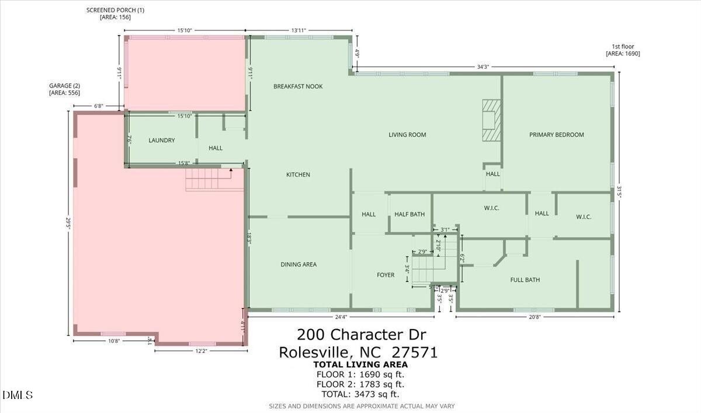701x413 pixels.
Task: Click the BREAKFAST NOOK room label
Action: (x=298, y=86)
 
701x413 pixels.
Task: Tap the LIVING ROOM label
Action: (x=407, y=135)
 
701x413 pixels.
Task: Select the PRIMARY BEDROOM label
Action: (x=556, y=135)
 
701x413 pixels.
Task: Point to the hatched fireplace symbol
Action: (x=491, y=120)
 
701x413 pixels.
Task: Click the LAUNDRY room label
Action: (x=162, y=141)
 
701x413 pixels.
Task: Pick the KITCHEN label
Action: (x=298, y=175)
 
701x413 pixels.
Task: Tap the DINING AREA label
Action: (x=299, y=265)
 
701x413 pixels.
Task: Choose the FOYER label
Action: (x=385, y=275)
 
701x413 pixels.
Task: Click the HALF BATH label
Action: (x=410, y=215)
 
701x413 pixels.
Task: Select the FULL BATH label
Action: (x=525, y=280)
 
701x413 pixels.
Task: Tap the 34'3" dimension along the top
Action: (x=483, y=67)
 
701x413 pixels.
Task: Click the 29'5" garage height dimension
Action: (x=68, y=223)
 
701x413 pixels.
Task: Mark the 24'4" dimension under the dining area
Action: (x=341, y=317)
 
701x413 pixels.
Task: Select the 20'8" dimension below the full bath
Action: (x=534, y=317)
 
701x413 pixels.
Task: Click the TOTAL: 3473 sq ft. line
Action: (x=360, y=394)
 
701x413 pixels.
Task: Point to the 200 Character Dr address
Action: (x=361, y=335)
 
